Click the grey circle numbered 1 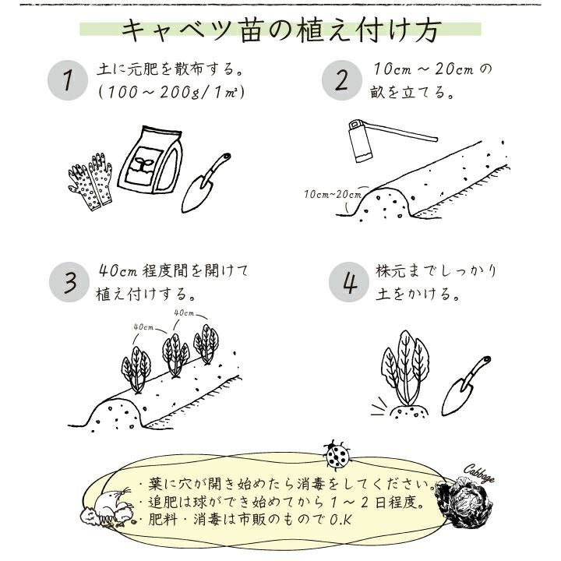[x=68, y=80]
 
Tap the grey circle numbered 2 [x=342, y=80]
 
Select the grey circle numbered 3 [x=69, y=282]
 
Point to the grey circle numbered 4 [x=349, y=282]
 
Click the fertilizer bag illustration [x=151, y=161]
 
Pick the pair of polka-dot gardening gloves [x=90, y=182]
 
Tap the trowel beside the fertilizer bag [x=206, y=183]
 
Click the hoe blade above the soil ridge [x=361, y=141]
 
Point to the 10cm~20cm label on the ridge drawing [x=333, y=194]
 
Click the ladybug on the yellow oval [x=337, y=454]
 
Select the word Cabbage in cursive [x=479, y=475]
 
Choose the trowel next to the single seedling [x=466, y=386]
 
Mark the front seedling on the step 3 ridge [x=136, y=369]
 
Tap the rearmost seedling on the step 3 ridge [x=206, y=344]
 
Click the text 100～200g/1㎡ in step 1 [x=171, y=93]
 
